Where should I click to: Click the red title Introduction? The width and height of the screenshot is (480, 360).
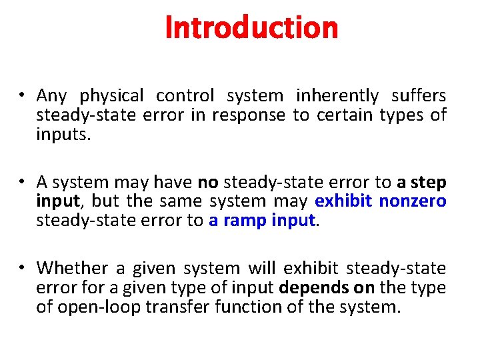pos(251,28)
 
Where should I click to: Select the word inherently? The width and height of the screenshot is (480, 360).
pos(337,96)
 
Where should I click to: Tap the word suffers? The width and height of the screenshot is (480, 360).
pos(419,96)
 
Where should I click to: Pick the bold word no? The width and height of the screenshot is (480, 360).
pos(207,182)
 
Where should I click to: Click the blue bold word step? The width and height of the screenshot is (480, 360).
pos(430,182)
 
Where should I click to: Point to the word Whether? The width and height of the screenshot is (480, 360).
pos(72,268)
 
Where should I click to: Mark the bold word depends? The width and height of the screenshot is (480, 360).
pos(308,287)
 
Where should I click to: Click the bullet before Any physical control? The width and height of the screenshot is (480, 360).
pos(23,96)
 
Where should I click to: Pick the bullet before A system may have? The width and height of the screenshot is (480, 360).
pos(23,182)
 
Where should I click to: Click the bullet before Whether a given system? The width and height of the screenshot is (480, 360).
pos(23,268)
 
